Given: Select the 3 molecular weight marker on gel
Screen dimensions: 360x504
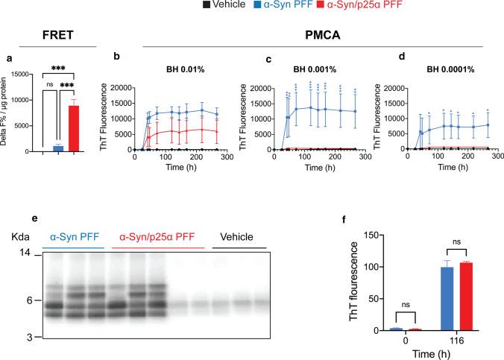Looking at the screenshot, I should (26, 338).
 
